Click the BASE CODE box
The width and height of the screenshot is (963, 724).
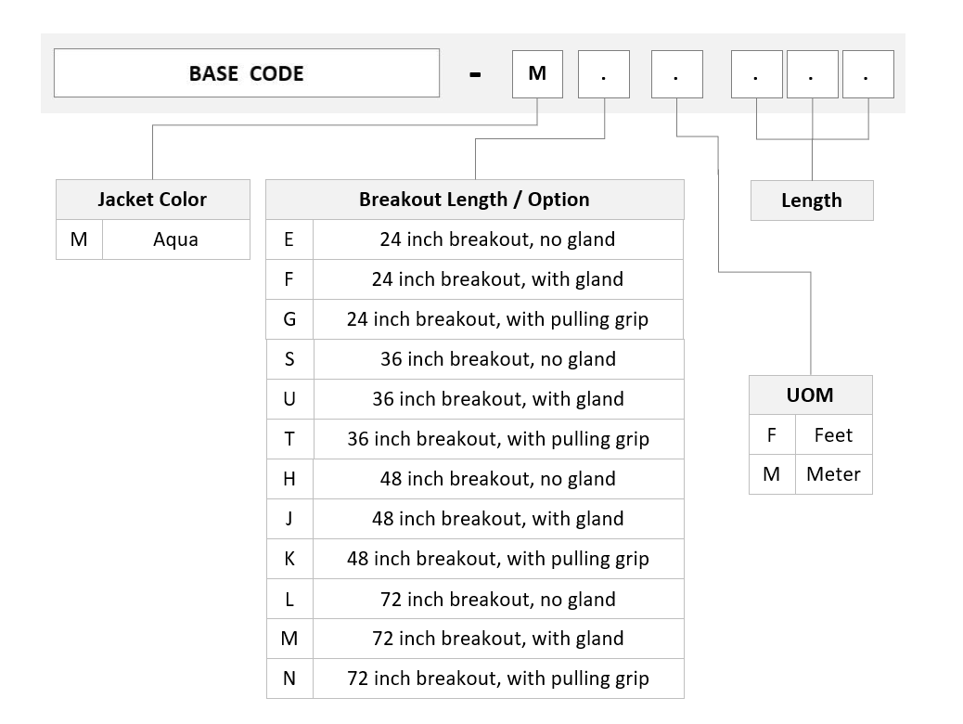pyautogui.click(x=246, y=73)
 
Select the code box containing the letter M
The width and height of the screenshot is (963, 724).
pyautogui.click(x=537, y=73)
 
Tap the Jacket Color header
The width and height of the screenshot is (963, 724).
pyautogui.click(x=153, y=200)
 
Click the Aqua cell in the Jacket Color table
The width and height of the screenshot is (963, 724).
pyautogui.click(x=176, y=239)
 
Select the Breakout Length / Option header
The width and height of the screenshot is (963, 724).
pyautogui.click(x=475, y=200)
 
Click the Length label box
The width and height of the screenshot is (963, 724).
pyautogui.click(x=812, y=200)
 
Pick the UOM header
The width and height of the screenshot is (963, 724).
pyautogui.click(x=811, y=394)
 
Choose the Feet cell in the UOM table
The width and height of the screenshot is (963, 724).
pyautogui.click(x=833, y=434)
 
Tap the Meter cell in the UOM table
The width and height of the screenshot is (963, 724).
pyautogui.click(x=833, y=474)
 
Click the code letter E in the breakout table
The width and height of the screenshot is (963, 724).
pyautogui.click(x=289, y=239)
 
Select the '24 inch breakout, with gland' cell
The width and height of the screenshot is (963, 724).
pyautogui.click(x=498, y=279)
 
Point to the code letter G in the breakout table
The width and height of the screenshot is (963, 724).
pyautogui.click(x=289, y=319)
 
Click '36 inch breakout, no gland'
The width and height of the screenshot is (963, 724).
pyautogui.click(x=498, y=359)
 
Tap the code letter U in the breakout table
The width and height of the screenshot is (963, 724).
pyautogui.click(x=289, y=399)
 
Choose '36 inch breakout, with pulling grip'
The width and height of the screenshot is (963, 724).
pyautogui.click(x=498, y=439)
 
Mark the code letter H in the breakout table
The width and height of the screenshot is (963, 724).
pyautogui.click(x=289, y=479)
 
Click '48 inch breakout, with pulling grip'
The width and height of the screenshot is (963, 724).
pyautogui.click(x=498, y=559)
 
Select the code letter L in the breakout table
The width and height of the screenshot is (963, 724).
pyautogui.click(x=289, y=599)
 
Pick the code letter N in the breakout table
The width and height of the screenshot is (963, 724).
pyautogui.click(x=289, y=679)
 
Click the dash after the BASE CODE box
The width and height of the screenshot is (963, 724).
pyautogui.click(x=475, y=75)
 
